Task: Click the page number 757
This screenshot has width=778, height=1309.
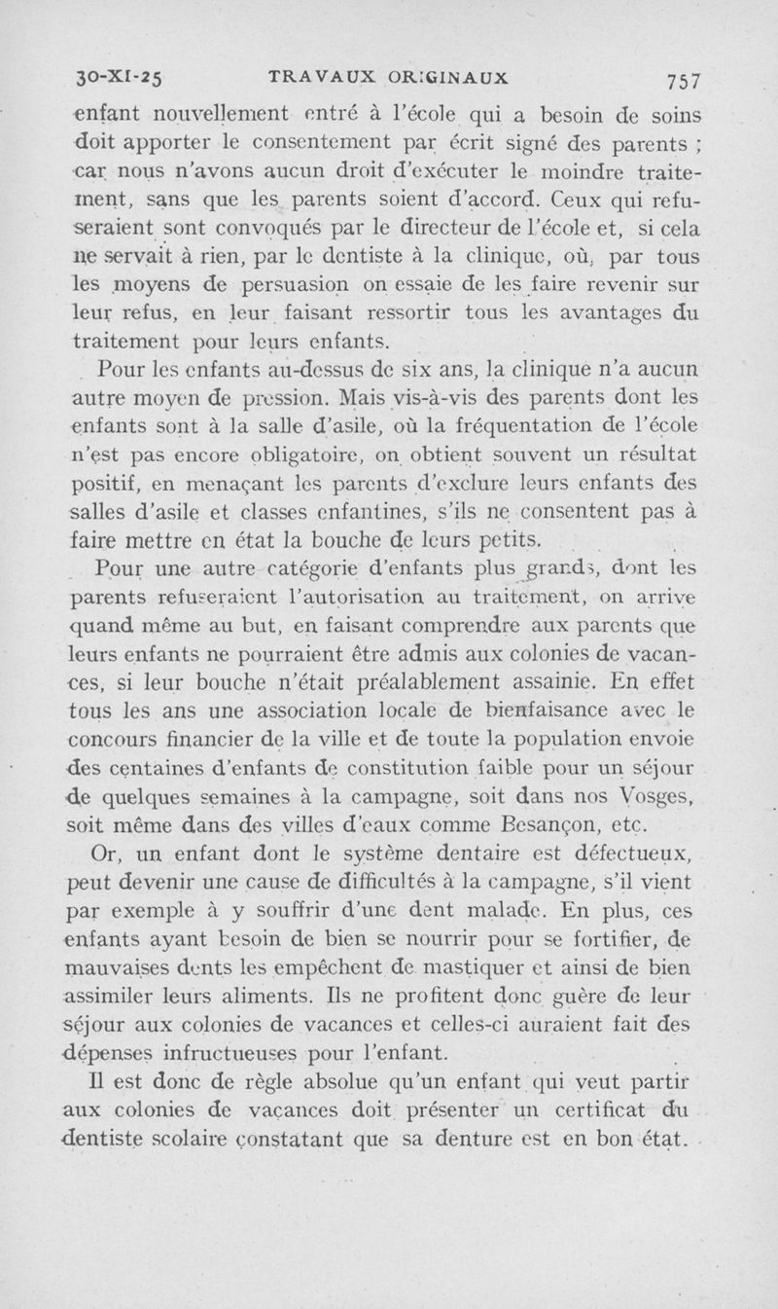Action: [x=685, y=79]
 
